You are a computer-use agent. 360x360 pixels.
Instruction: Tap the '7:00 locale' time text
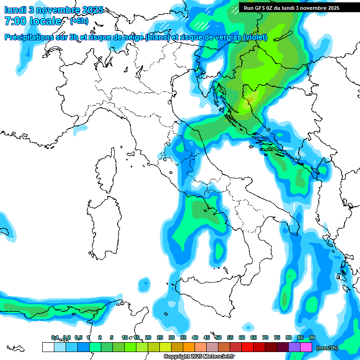click(x=33, y=21)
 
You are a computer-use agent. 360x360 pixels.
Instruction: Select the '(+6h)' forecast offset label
click(x=79, y=21)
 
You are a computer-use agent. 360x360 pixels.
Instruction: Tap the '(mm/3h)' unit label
click(x=328, y=348)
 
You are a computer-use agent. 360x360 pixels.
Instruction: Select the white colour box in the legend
click(x=48, y=347)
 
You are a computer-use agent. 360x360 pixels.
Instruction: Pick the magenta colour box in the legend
click(x=306, y=347)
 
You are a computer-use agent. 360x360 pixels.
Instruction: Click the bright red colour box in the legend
click(x=247, y=347)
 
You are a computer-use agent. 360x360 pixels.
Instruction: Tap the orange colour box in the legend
click(x=189, y=347)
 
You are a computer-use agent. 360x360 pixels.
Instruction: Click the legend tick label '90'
click(x=312, y=337)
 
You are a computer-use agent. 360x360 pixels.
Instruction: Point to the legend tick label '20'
click(x=148, y=337)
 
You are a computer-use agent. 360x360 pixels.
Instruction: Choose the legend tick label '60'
click(x=242, y=337)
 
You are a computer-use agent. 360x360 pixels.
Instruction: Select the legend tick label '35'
click(x=183, y=337)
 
